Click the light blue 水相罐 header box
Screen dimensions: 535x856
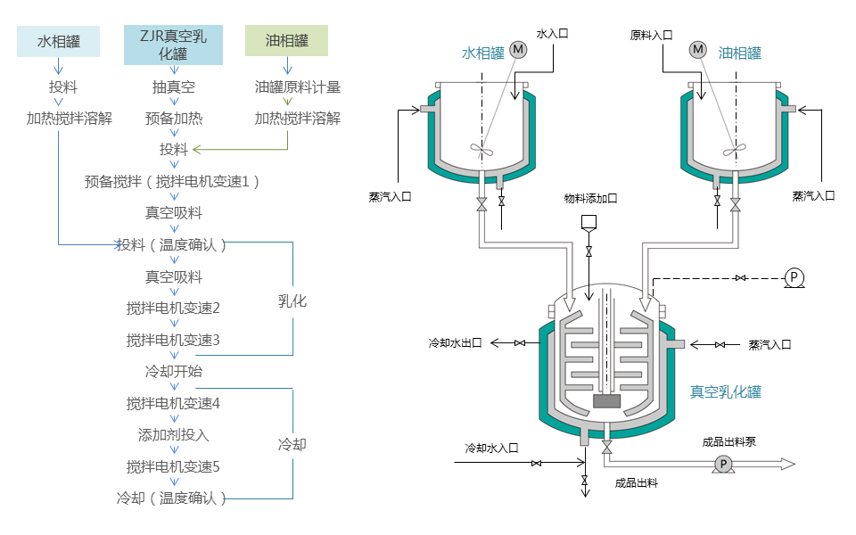tap(59, 41)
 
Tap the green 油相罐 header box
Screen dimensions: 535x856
tap(286, 41)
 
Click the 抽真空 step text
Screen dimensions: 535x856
tap(173, 87)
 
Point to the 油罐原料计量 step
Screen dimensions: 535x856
tap(297, 87)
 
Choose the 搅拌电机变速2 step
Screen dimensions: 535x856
tap(173, 308)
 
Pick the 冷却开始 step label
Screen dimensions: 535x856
tap(173, 371)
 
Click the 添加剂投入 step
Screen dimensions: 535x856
tap(173, 435)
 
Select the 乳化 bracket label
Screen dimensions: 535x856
tap(292, 301)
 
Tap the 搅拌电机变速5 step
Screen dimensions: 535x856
tap(173, 466)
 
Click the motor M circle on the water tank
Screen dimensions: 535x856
tap(519, 50)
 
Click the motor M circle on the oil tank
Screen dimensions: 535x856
tap(698, 50)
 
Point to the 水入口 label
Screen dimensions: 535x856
tap(552, 34)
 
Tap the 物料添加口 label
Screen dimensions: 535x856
tap(590, 198)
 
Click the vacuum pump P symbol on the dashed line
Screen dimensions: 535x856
tap(793, 278)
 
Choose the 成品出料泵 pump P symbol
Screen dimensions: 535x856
tap(723, 464)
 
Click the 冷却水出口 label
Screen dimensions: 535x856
tap(456, 343)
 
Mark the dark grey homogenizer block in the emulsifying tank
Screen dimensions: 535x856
tap(606, 401)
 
